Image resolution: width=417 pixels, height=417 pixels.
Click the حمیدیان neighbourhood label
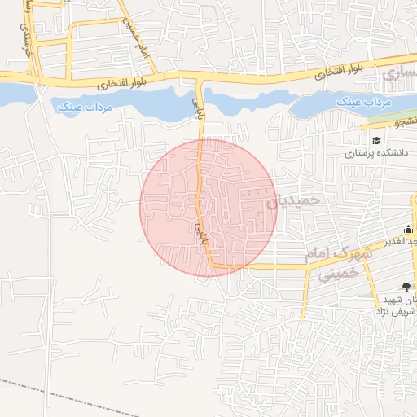[295, 200]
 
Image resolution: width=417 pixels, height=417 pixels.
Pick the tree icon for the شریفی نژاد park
[406, 286]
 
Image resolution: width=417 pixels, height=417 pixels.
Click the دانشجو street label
[401, 122]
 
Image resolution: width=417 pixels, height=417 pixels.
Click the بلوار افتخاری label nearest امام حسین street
[124, 83]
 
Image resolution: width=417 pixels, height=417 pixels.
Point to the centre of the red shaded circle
[208, 208]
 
